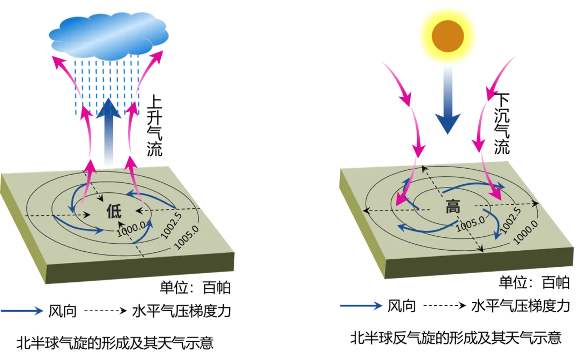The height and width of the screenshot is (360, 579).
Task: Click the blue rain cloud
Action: pyautogui.click(x=108, y=35)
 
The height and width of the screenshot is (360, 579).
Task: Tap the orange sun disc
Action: pyautogui.click(x=448, y=36)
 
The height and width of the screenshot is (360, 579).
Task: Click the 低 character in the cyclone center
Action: pyautogui.click(x=114, y=212)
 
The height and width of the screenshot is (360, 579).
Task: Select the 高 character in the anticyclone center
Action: pyautogui.click(x=452, y=206)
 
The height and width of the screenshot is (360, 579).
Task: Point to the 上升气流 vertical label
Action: pyautogui.click(x=154, y=126)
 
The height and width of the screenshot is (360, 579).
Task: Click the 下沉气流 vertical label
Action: pyautogui.click(x=502, y=124)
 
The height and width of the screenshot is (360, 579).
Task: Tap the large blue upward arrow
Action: pyautogui.click(x=108, y=131)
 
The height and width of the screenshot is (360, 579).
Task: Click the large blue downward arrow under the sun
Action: pyautogui.click(x=448, y=100)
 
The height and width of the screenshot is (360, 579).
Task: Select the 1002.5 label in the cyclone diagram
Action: pyautogui.click(x=172, y=226)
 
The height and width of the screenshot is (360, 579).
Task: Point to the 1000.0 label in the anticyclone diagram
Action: pyautogui.click(x=525, y=232)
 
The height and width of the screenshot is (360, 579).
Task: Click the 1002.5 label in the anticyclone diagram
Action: pyautogui.click(x=510, y=220)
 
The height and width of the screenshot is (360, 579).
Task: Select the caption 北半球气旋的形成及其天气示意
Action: pyautogui.click(x=115, y=343)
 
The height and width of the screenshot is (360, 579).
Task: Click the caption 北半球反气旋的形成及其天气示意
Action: pyautogui.click(x=456, y=337)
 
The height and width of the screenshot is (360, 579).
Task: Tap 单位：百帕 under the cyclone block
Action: pyautogui.click(x=195, y=288)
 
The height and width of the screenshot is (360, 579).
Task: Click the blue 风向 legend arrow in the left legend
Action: pyautogui.click(x=22, y=311)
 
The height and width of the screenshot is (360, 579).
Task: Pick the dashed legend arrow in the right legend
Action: pyautogui.click(x=444, y=305)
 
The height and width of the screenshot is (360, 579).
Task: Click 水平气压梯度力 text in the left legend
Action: pyautogui.click(x=182, y=311)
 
